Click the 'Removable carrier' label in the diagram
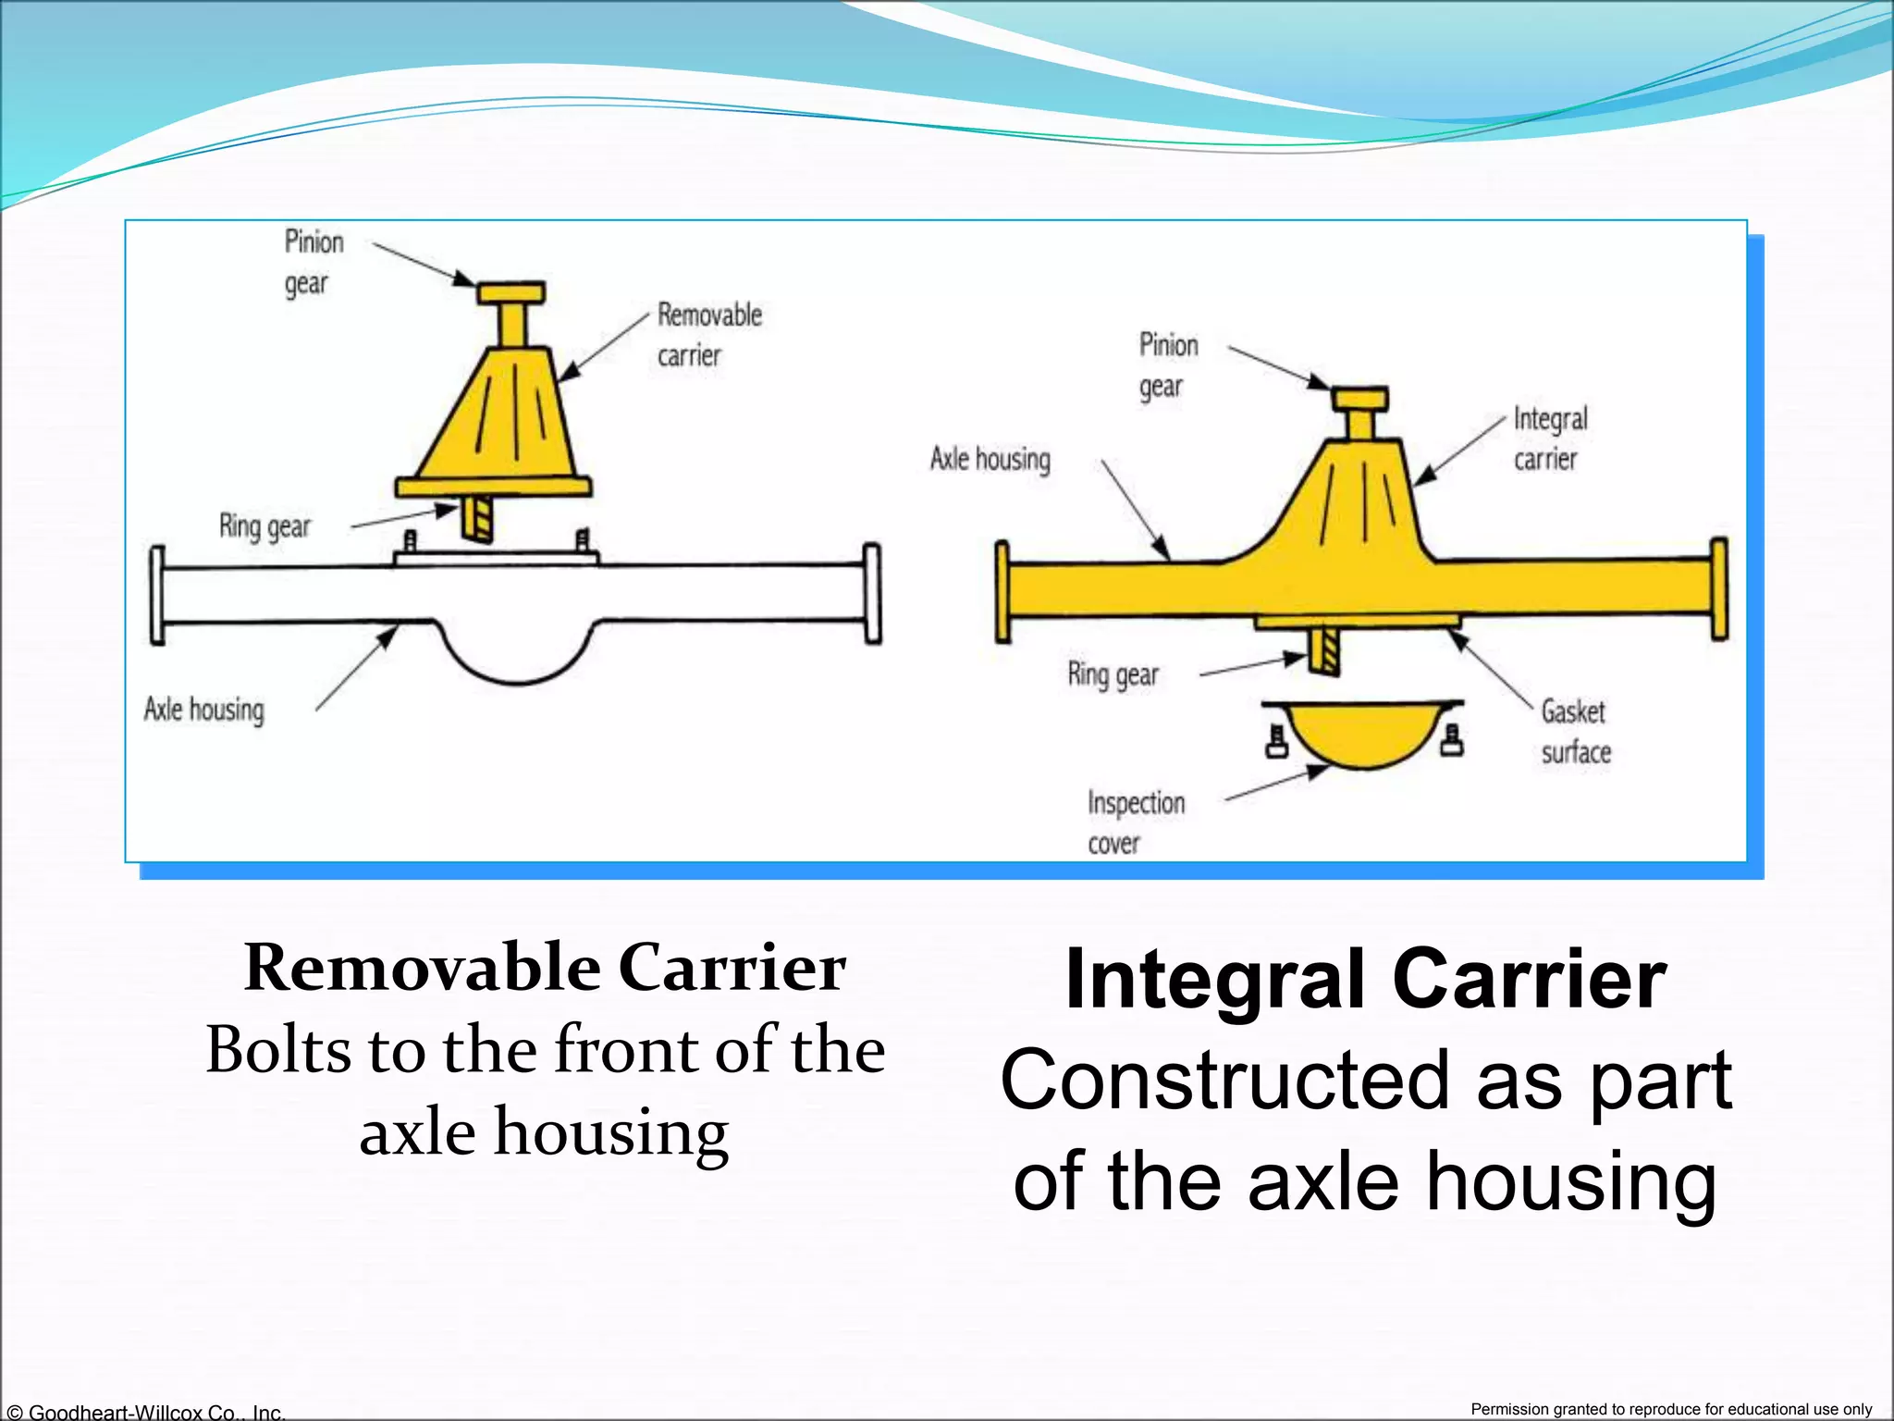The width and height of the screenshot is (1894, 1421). [708, 334]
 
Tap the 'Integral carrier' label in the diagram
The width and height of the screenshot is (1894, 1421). [1549, 439]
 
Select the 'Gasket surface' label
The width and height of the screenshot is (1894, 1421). [1574, 731]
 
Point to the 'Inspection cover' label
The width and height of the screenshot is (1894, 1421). [1135, 822]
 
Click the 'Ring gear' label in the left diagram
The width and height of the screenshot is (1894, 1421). [264, 525]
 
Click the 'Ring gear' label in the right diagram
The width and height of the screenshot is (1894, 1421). [1113, 674]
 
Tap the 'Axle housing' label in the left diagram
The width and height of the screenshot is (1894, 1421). [203, 710]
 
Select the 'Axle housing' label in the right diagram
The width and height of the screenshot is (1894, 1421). [990, 459]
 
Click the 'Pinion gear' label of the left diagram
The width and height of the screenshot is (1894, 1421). [313, 262]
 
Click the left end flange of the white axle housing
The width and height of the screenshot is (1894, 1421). [157, 595]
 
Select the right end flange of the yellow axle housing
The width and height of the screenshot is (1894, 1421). [1718, 589]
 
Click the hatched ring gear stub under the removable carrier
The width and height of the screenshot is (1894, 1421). [477, 520]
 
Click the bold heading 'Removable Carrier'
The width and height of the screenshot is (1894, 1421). [545, 969]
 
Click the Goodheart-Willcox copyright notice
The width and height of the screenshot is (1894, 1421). [144, 1412]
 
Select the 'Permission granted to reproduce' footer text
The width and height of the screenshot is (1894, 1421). [1671, 1409]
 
